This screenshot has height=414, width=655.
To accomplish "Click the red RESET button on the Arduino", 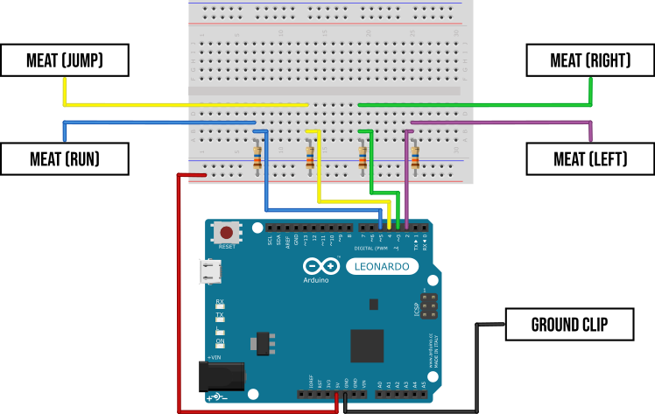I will tap(227, 232).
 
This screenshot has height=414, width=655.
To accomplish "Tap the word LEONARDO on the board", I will tap(382, 266).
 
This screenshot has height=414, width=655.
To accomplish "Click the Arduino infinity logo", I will tap(321, 266).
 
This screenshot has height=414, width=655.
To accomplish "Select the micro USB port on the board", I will tap(210, 272).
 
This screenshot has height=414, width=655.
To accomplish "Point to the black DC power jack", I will tap(221, 376).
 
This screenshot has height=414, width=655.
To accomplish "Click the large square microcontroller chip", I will tap(367, 346).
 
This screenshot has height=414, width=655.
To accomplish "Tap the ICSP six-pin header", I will tap(428, 306).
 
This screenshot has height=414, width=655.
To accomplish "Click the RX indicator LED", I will tap(220, 307).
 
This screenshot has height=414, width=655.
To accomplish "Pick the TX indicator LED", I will tap(220, 320).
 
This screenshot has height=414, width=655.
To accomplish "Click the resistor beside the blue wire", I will tap(257, 158).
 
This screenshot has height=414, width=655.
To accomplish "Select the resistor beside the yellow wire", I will tap(310, 158).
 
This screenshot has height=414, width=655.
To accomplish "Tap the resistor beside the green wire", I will tap(363, 158).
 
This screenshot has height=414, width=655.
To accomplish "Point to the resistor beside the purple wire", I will tap(415, 158).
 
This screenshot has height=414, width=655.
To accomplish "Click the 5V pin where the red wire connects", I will tap(337, 395).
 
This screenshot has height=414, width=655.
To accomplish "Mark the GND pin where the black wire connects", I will tap(346, 395).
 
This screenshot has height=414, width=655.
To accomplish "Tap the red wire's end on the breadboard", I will tap(203, 175).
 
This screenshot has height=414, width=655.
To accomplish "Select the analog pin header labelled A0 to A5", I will tap(402, 395).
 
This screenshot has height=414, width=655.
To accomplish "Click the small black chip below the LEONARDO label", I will tap(374, 304).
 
